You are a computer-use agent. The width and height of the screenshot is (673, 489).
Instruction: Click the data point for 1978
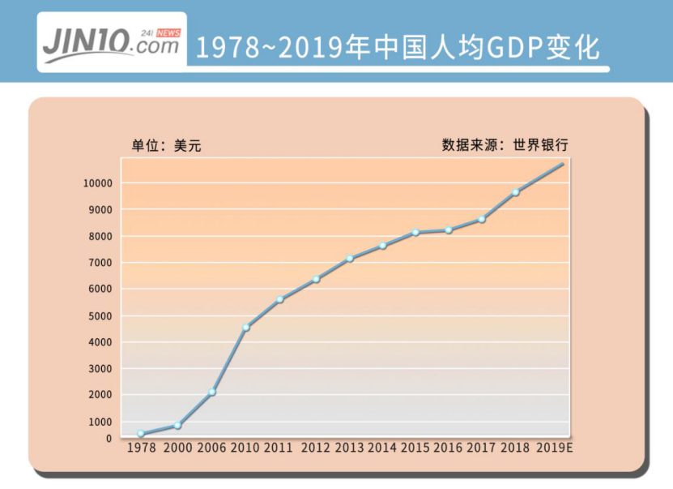(141, 434)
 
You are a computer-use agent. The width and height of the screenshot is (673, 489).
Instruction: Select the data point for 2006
(211, 392)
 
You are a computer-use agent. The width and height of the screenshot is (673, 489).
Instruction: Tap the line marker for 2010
(246, 327)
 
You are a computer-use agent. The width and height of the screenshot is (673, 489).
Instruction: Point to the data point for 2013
(350, 259)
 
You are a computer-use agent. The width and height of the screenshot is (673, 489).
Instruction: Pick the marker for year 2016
(449, 230)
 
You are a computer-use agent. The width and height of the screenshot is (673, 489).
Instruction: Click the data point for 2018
(515, 192)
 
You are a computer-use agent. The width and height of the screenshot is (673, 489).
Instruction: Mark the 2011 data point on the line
(279, 299)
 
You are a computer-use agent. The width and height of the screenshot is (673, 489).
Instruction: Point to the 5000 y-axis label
(100, 315)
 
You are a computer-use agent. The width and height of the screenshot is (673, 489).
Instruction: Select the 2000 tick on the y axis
(100, 395)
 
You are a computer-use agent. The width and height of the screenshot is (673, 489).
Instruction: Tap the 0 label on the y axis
(109, 439)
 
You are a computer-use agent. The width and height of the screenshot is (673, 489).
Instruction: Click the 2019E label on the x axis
(555, 448)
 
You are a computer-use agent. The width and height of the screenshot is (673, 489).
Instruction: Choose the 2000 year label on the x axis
(177, 448)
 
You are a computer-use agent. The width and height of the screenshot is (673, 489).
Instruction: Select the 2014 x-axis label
(383, 448)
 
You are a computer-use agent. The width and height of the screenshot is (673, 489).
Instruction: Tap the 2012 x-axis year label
(316, 448)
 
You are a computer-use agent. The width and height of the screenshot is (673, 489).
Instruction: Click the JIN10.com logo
(111, 42)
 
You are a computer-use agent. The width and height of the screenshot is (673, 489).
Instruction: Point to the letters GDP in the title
(513, 48)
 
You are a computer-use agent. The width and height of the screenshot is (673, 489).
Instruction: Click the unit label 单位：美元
(166, 146)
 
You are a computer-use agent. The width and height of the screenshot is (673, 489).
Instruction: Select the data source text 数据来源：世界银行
(505, 145)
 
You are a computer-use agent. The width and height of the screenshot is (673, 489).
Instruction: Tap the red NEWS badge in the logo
(168, 32)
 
